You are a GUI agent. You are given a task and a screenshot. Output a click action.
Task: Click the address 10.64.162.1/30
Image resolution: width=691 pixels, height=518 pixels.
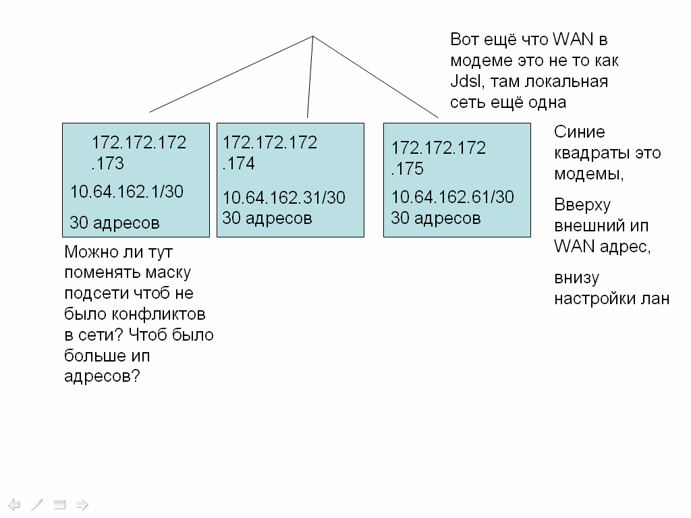(126, 192)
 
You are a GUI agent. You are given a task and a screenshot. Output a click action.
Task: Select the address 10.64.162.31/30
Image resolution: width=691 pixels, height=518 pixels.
(283, 198)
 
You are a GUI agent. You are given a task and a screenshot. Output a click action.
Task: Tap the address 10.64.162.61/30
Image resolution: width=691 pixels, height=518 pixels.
(452, 197)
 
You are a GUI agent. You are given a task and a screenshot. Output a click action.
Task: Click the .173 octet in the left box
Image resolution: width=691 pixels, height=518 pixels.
(108, 164)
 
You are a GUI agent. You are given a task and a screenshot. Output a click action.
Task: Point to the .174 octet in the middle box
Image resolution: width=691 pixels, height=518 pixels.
(239, 164)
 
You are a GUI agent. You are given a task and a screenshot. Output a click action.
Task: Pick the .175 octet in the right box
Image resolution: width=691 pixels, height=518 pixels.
(408, 169)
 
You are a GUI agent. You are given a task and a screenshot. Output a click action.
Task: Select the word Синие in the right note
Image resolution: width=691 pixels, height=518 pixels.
(579, 132)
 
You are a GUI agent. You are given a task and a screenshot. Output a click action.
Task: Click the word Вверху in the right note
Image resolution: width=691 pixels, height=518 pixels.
(582, 205)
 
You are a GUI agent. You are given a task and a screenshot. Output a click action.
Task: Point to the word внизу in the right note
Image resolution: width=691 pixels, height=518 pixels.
(576, 278)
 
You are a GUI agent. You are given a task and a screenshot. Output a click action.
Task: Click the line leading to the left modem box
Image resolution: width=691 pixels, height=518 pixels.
(229, 74)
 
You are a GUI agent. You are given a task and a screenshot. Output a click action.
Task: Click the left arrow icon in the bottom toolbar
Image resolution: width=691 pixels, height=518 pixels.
(14, 504)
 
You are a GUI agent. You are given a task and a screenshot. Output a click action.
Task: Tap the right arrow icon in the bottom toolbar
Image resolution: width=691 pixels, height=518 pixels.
(82, 504)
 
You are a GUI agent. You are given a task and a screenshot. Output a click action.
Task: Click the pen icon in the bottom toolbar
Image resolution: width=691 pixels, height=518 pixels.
(37, 504)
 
